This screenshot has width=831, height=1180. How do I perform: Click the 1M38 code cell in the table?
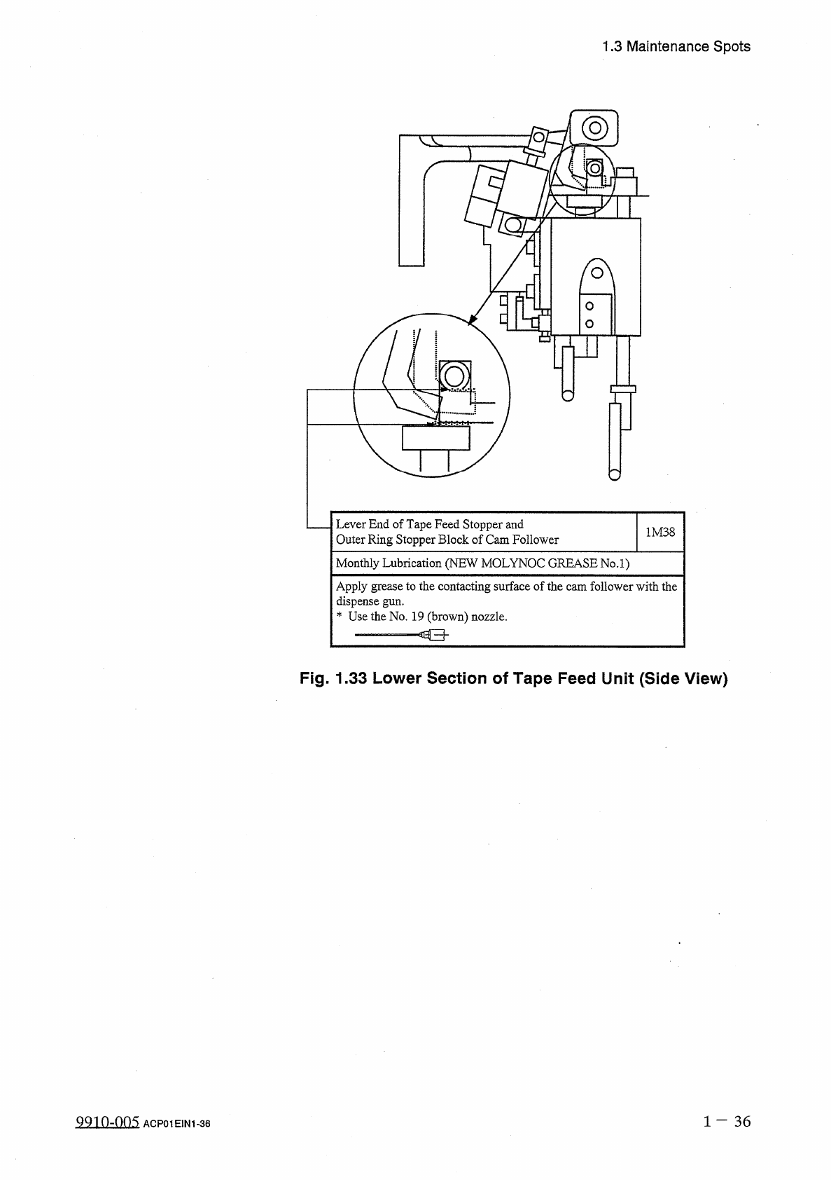660,532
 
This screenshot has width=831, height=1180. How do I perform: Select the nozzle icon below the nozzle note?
401,636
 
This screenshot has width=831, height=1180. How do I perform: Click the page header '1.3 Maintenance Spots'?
676,47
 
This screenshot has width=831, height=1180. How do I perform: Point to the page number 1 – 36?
727,1121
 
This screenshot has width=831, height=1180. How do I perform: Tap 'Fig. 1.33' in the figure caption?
333,678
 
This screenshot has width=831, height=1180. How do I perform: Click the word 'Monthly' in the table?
358,563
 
